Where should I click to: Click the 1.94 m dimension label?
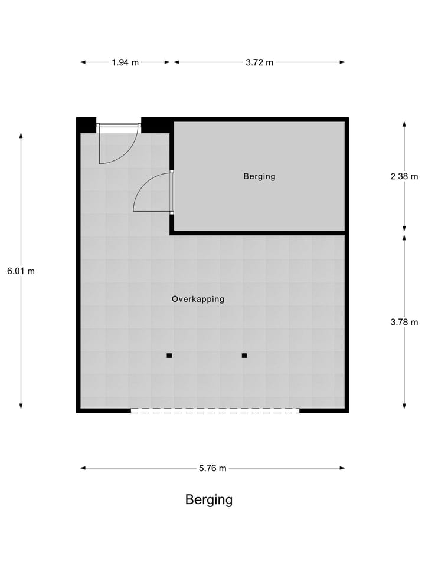coord(125,62)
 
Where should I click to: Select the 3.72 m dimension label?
coord(259,62)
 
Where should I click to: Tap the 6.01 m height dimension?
coord(21,271)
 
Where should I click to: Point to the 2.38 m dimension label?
coord(404,176)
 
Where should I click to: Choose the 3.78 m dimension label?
coord(404,322)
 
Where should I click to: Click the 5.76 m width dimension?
coord(212,468)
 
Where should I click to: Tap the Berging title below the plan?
coord(209,500)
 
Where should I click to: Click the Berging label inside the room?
coord(259,176)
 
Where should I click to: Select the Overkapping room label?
coord(198,299)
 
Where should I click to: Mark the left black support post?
coord(169,356)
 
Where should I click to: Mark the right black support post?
coord(244,356)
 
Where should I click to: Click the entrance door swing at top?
coord(117,144)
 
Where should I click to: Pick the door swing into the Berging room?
coord(153,193)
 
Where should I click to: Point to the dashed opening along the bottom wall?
coord(215,411)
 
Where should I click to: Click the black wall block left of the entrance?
coord(86,125)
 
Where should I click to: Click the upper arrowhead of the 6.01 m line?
coord(21,136)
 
